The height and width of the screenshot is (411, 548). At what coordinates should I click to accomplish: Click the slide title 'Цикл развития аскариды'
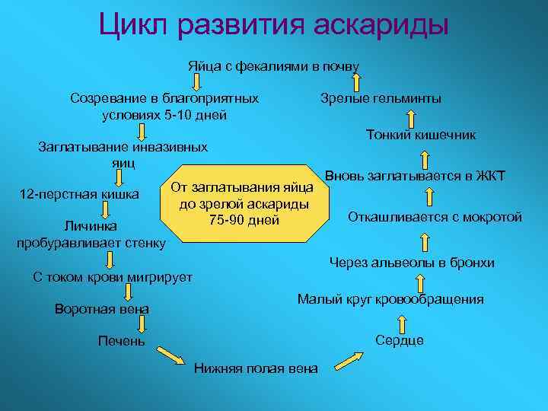[x=273, y=24]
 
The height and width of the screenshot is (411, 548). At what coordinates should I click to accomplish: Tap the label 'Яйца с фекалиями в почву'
[x=273, y=66]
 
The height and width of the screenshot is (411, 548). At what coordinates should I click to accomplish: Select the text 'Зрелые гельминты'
[x=381, y=99]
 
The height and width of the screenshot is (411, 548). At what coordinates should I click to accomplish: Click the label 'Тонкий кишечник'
[x=421, y=135]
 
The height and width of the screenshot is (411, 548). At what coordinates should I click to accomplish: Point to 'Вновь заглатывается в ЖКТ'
[x=415, y=176]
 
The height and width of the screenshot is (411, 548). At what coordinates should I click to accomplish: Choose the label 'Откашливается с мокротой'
[x=435, y=217]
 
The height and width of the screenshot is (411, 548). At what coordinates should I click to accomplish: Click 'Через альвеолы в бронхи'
[x=412, y=263]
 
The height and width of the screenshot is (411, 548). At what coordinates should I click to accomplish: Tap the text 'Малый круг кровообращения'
[x=390, y=299]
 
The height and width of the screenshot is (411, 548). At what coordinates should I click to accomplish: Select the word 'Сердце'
[x=400, y=340]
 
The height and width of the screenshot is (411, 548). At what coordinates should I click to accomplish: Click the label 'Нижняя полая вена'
[x=256, y=369]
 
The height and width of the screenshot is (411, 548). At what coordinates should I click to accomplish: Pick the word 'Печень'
[x=122, y=341]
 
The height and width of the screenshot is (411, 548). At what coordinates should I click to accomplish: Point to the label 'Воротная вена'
[x=102, y=309]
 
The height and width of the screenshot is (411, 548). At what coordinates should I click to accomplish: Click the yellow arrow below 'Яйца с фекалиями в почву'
[x=195, y=81]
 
